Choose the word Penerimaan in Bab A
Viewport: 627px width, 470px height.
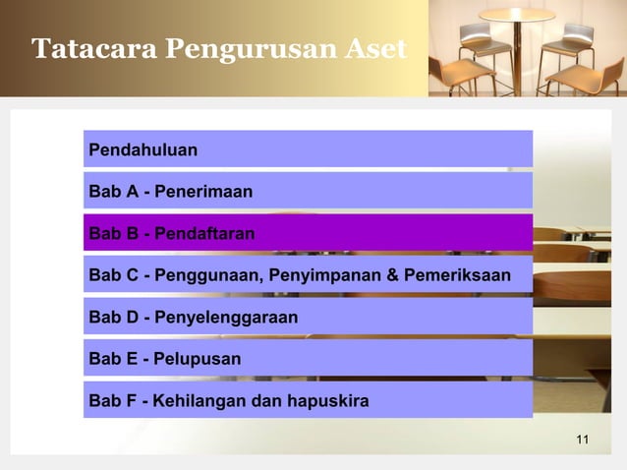tap(202, 192)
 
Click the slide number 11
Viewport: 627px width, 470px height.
tap(583, 439)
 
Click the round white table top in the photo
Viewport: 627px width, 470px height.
tap(517, 14)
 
